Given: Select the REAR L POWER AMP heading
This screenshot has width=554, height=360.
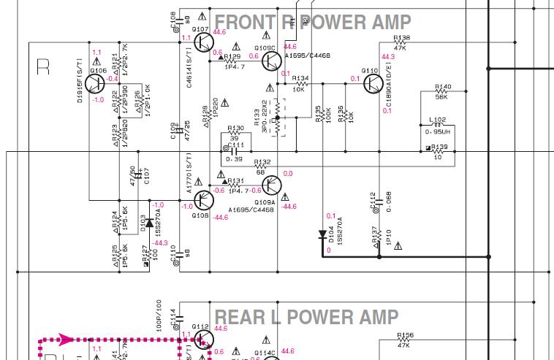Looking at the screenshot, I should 306,317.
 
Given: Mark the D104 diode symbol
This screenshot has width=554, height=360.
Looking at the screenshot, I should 322,235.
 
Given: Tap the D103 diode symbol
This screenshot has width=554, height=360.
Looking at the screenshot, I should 149,220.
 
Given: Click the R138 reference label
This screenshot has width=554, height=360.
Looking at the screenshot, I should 401,37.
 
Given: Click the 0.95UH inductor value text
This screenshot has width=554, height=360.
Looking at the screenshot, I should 437,132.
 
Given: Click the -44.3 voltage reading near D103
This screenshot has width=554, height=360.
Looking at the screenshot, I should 160,243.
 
